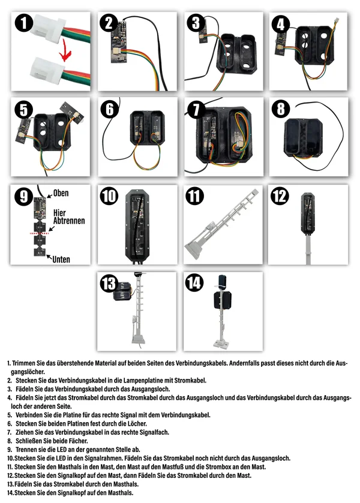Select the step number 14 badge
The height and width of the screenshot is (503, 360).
point(195,282)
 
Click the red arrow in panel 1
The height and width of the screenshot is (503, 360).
point(66,50)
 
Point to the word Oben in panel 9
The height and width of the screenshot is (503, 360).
point(61,193)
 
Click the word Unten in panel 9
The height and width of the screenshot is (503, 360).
point(61,259)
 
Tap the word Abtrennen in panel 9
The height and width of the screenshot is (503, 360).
point(69,221)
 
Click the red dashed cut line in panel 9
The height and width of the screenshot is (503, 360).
point(39,233)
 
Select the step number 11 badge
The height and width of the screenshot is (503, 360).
point(195,196)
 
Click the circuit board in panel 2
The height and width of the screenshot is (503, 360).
point(119,42)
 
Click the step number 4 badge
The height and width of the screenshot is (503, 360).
point(281,25)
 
